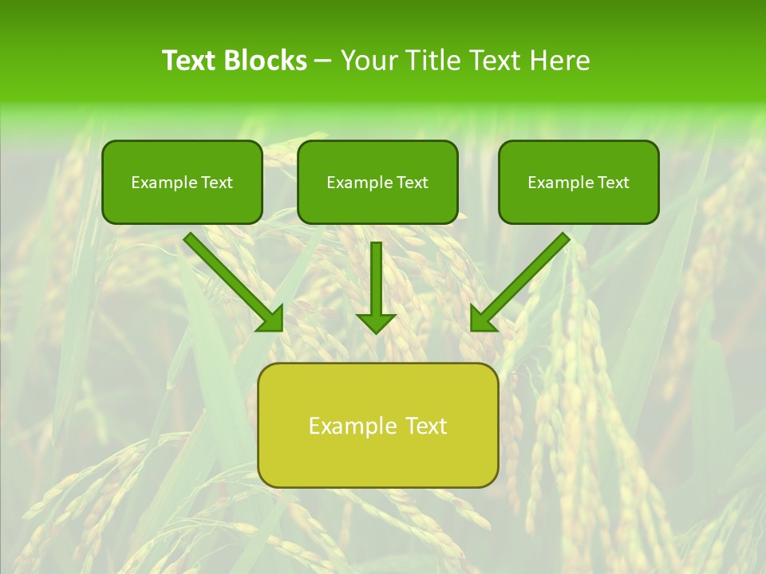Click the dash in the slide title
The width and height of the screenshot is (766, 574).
tap(323, 61)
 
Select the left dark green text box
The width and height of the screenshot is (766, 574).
tap(182, 182)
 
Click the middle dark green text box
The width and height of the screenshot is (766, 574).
tap(377, 182)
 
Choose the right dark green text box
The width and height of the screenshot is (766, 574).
tap(578, 182)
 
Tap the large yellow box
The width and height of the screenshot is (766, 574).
tap(377, 425)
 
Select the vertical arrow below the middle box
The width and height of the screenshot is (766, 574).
tap(376, 283)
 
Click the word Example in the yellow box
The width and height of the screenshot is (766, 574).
tap(349, 426)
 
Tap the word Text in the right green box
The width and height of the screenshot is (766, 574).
tap(614, 183)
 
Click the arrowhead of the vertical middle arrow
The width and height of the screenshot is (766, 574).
tap(376, 322)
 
